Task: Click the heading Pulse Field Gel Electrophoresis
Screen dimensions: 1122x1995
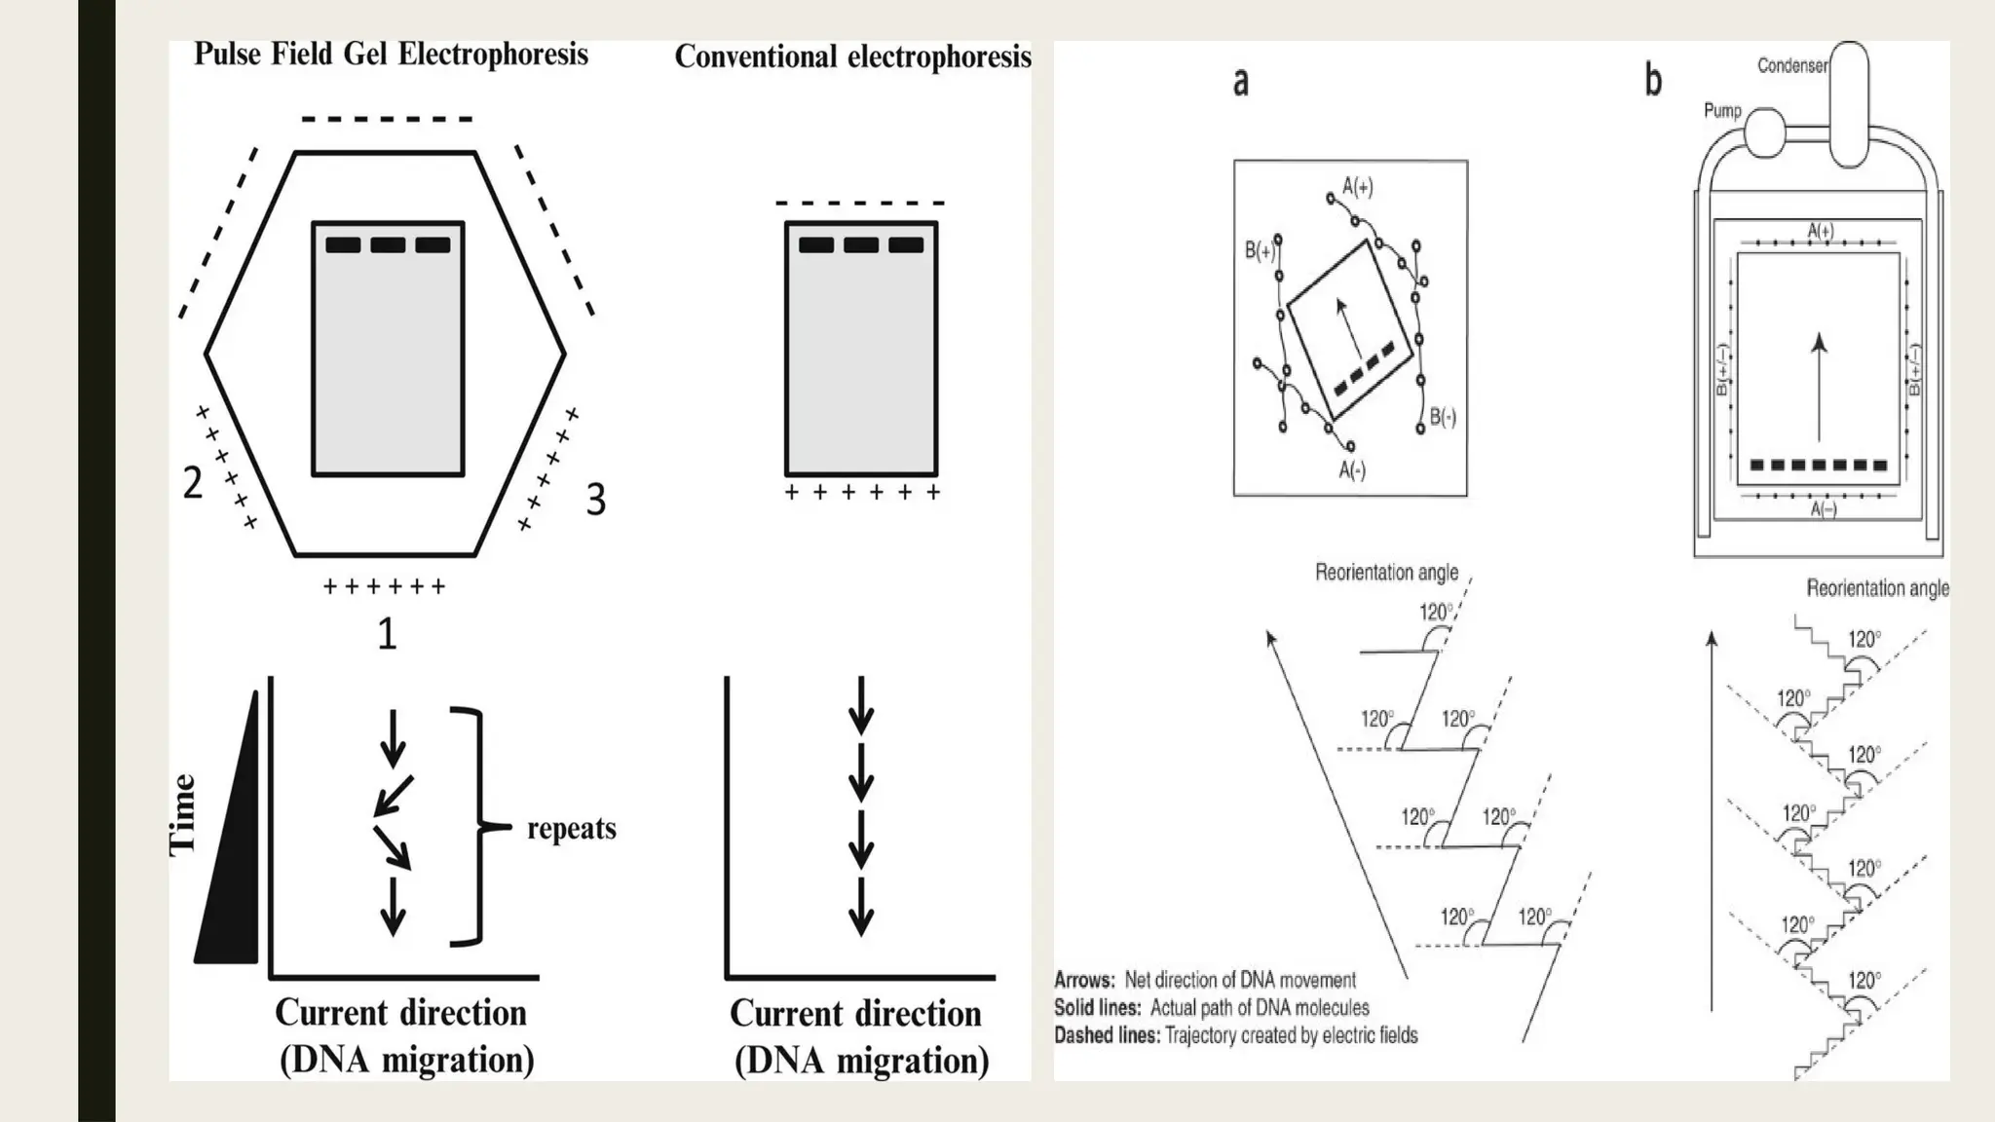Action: (391, 54)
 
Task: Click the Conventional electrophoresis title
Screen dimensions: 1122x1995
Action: (852, 56)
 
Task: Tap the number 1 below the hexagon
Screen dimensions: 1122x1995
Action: (387, 634)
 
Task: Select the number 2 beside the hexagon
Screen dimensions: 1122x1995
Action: (193, 482)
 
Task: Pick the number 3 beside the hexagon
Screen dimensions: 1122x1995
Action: (595, 500)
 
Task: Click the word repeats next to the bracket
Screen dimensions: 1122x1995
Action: (572, 829)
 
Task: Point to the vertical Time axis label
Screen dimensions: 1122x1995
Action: (182, 816)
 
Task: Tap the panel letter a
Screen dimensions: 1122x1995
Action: (1240, 82)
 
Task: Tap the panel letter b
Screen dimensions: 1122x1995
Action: (1652, 80)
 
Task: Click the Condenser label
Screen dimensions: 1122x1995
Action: (1791, 65)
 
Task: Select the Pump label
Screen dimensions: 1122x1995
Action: (1721, 110)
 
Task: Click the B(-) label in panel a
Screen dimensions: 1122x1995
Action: (1442, 418)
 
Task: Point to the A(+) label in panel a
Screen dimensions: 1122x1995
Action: (1357, 186)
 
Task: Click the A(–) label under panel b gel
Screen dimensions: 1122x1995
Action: (1823, 509)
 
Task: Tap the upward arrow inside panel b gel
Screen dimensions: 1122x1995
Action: (1818, 390)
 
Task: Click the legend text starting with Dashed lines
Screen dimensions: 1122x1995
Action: (1235, 1035)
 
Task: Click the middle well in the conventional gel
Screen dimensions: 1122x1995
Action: (860, 244)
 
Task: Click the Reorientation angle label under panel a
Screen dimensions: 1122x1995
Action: (1386, 573)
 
